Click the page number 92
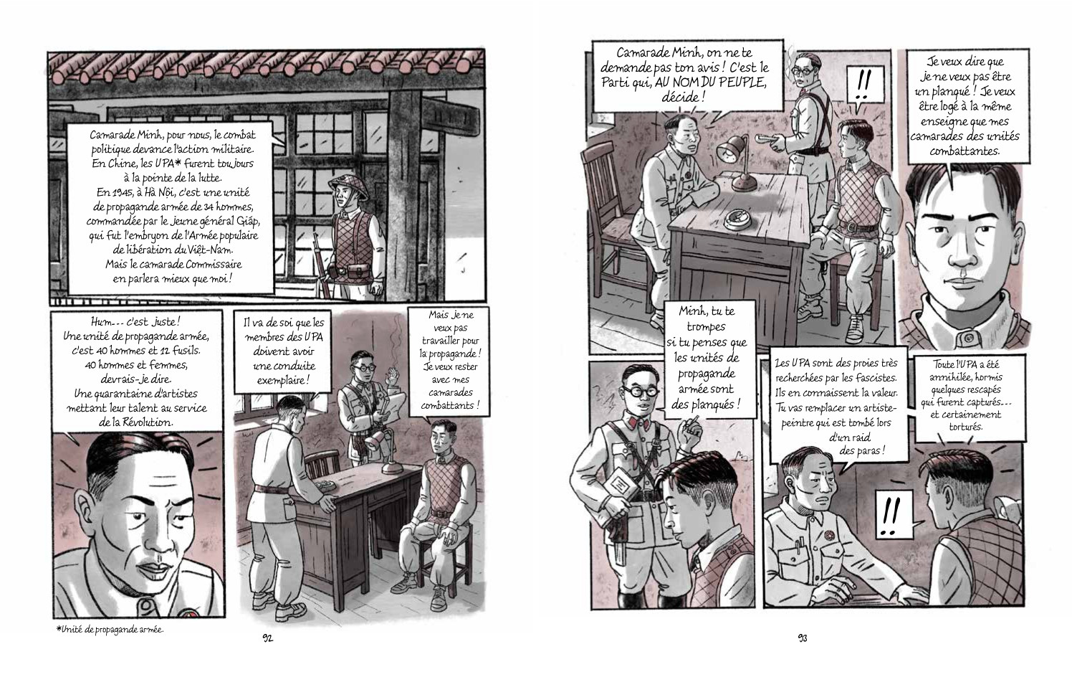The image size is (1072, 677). pyautogui.click(x=267, y=638)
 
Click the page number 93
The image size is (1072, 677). pyautogui.click(x=803, y=638)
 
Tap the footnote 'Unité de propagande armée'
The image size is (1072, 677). pyautogui.click(x=110, y=630)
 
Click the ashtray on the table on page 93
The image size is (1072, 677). pyautogui.click(x=737, y=220)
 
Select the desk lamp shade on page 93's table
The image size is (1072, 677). pyautogui.click(x=728, y=149)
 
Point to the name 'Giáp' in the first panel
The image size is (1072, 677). pyautogui.click(x=247, y=222)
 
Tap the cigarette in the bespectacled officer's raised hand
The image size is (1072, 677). pyautogui.click(x=691, y=422)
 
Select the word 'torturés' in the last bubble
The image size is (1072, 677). pyautogui.click(x=965, y=427)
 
